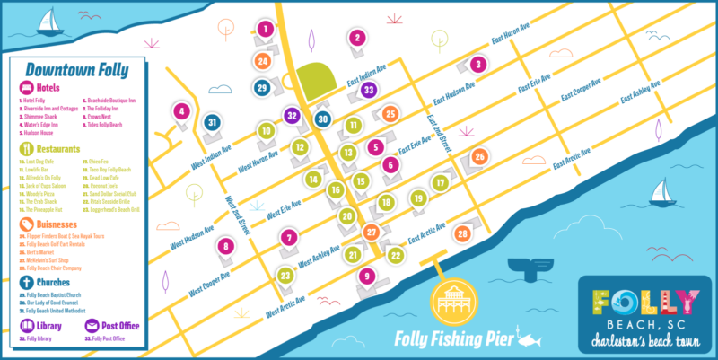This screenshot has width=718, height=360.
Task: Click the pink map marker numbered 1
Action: coord(265,29)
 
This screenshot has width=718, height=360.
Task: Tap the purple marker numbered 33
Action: coord(367,89)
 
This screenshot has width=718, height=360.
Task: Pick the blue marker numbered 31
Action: coord(213,121)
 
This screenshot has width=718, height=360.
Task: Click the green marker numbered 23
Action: coord(285,275)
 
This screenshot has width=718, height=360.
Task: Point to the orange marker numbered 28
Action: coord(462,233)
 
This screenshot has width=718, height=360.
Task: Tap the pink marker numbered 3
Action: coord(478,64)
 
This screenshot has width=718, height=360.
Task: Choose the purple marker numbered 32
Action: coord(291,115)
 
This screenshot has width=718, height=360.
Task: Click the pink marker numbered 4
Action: coord(182,111)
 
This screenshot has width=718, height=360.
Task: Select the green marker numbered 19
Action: coord(418,198)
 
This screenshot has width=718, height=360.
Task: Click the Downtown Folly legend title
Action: coord(76,69)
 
